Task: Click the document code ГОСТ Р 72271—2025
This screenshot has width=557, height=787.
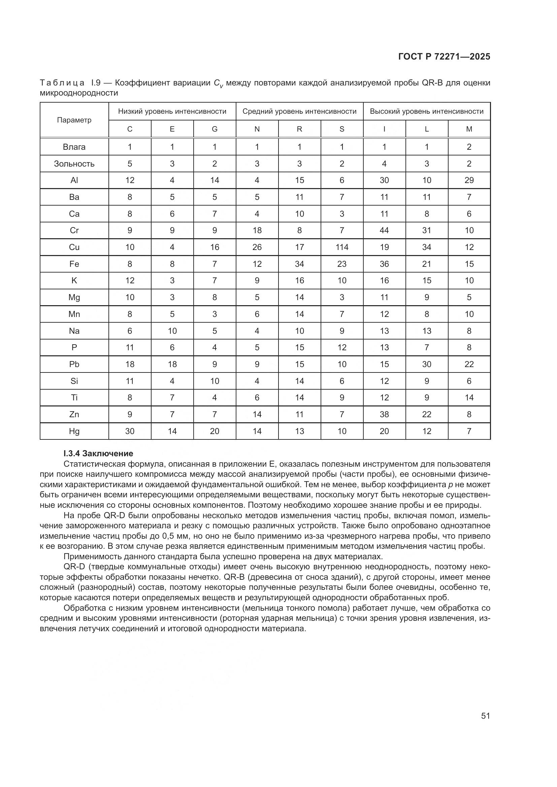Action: click(x=444, y=57)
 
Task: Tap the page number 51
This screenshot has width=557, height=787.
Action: click(x=485, y=716)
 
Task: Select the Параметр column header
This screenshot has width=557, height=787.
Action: click(x=74, y=120)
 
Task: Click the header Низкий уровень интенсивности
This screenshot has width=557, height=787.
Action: click(x=172, y=111)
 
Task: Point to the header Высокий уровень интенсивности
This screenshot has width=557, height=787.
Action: click(x=427, y=111)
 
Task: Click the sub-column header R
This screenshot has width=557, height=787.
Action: click(x=299, y=129)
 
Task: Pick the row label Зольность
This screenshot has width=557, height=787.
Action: click(x=74, y=164)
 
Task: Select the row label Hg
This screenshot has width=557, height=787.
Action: click(x=74, y=431)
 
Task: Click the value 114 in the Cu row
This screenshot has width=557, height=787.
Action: click(x=342, y=247)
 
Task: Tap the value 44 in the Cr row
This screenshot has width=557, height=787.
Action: click(x=384, y=230)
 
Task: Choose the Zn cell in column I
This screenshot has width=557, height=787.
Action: click(x=384, y=415)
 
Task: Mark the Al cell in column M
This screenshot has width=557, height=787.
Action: click(x=469, y=180)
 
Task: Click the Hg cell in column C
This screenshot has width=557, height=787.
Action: click(x=130, y=431)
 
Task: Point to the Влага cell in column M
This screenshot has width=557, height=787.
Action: click(x=469, y=147)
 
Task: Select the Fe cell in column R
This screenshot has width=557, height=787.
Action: click(x=299, y=264)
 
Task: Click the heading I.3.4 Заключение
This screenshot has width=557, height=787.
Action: click(x=98, y=454)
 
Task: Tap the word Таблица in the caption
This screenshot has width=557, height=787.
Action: click(x=62, y=83)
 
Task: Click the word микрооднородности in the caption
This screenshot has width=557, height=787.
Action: click(x=79, y=93)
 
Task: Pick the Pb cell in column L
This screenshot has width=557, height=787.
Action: click(x=427, y=364)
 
